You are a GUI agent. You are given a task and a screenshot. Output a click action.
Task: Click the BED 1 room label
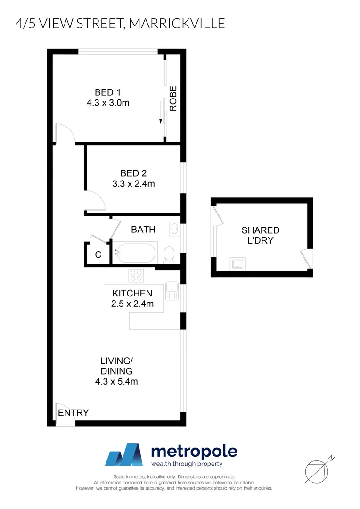(107, 92)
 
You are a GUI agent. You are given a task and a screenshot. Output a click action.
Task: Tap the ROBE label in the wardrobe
(173, 99)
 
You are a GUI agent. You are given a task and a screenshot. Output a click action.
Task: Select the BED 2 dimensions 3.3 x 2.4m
(133, 184)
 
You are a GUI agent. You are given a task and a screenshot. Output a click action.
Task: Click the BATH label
(143, 230)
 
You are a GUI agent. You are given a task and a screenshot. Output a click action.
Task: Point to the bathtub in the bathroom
(135, 253)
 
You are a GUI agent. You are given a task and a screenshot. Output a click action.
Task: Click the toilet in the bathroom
(169, 254)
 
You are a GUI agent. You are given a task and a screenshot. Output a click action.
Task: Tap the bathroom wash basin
(173, 230)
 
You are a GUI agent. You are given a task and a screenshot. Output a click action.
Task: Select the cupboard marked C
(98, 255)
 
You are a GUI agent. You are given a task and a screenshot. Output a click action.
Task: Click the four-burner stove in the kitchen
(137, 275)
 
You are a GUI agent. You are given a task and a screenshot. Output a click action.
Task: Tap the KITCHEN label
(132, 293)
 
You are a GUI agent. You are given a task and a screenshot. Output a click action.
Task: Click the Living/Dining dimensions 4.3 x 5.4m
(116, 381)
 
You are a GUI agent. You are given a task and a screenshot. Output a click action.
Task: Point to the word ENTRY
(73, 413)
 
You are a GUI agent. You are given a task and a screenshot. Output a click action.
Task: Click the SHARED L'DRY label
(261, 235)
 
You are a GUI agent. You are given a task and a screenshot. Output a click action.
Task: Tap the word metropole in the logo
(194, 451)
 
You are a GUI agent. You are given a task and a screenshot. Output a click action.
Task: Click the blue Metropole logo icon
(123, 455)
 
